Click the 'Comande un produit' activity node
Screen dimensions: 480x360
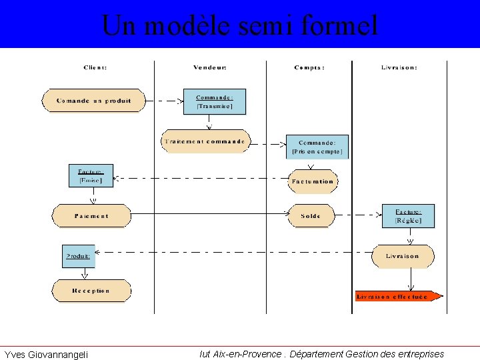[x=93, y=101]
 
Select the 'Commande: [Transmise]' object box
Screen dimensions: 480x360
[x=215, y=102]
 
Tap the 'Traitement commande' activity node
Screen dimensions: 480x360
[x=206, y=141]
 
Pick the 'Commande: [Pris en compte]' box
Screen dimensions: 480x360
[x=317, y=147]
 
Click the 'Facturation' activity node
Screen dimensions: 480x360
[x=312, y=181]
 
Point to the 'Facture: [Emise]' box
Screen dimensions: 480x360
[x=91, y=175]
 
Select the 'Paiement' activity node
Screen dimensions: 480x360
[x=92, y=216]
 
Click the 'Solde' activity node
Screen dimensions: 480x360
[x=311, y=216]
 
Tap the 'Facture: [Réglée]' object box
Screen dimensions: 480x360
[x=408, y=216]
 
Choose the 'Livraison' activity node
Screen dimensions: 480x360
[x=403, y=256]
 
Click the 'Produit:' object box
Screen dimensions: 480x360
[x=79, y=256]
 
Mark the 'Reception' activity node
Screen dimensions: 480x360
[x=92, y=291]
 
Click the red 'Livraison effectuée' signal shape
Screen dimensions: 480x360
[x=397, y=296]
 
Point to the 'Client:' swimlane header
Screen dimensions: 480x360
[x=95, y=67]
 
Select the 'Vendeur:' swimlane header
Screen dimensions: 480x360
[x=210, y=67]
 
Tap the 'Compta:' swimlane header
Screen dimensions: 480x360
[x=309, y=67]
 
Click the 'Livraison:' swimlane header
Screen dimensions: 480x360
[x=399, y=67]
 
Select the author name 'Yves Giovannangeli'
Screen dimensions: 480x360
[x=46, y=354]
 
